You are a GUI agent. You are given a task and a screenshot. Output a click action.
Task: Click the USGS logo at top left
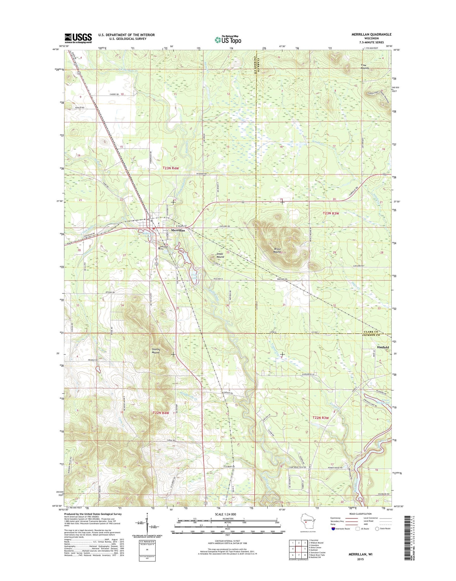(x=78, y=38)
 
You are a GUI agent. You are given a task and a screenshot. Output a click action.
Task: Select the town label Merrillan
(x=178, y=231)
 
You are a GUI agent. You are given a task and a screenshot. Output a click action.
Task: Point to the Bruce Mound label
(x=277, y=250)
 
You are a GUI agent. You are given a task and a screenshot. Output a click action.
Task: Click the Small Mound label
(x=220, y=255)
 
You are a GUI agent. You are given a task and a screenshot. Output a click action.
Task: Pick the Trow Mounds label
(x=365, y=67)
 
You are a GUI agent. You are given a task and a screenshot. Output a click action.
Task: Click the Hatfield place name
(x=382, y=347)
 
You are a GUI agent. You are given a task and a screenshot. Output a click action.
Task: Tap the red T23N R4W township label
(x=171, y=168)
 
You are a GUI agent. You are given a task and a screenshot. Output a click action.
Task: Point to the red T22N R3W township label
(x=321, y=418)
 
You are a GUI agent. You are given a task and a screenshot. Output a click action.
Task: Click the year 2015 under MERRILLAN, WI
(x=360, y=559)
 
